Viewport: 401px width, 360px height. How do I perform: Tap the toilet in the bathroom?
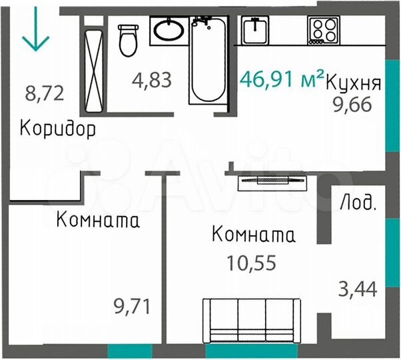tap(127, 40)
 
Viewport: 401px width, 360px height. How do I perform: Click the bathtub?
tap(208, 59)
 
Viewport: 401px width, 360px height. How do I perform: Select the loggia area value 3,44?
tap(358, 290)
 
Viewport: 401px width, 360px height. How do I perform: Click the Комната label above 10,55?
tap(253, 235)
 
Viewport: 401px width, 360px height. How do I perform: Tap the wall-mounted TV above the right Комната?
tap(272, 180)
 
